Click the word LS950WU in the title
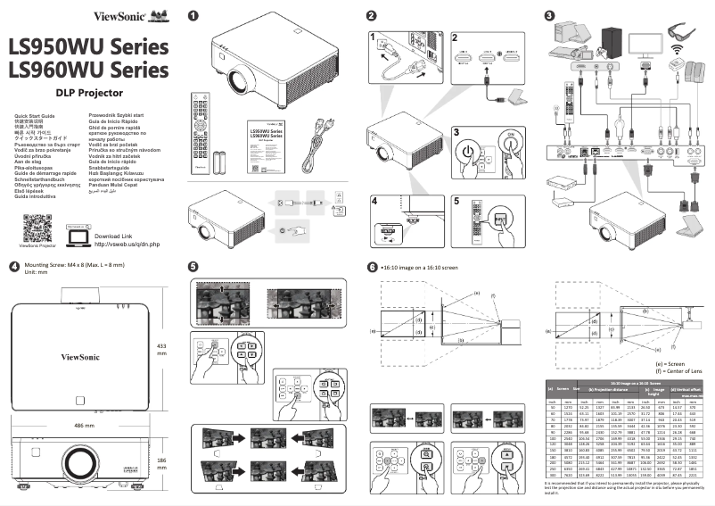click(x=54, y=46)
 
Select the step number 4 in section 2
click(x=376, y=203)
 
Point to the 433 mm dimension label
click(x=161, y=349)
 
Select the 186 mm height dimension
click(x=161, y=464)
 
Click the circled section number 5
click(x=193, y=267)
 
